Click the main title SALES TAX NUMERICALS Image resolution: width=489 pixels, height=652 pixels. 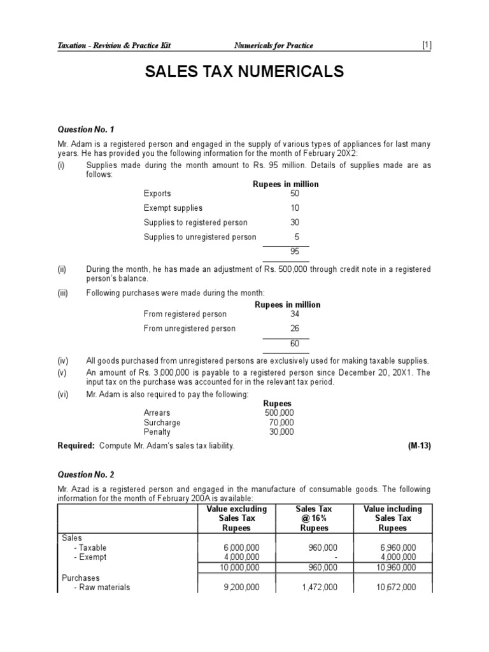tap(245, 72)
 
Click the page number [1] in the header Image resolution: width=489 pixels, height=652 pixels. tap(426, 45)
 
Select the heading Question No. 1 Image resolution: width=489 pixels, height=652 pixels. tap(85, 129)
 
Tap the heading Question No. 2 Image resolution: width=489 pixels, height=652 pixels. tap(85, 474)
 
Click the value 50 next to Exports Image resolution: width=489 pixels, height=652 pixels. tap(294, 194)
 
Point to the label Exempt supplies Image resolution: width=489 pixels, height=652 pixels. tap(173, 208)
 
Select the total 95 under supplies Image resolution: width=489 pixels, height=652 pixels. tap(294, 252)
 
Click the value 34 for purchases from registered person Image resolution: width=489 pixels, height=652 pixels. tap(294, 314)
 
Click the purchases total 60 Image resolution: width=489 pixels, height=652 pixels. tap(294, 344)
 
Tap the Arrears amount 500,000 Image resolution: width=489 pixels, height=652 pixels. tap(280, 413)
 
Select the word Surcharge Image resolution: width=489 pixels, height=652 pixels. tap(162, 422)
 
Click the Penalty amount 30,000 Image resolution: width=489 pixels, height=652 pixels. tap(281, 432)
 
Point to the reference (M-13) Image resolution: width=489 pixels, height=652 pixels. tap(419, 446)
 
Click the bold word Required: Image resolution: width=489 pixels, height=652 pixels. tap(76, 446)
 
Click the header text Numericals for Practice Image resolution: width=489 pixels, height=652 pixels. tap(274, 45)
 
